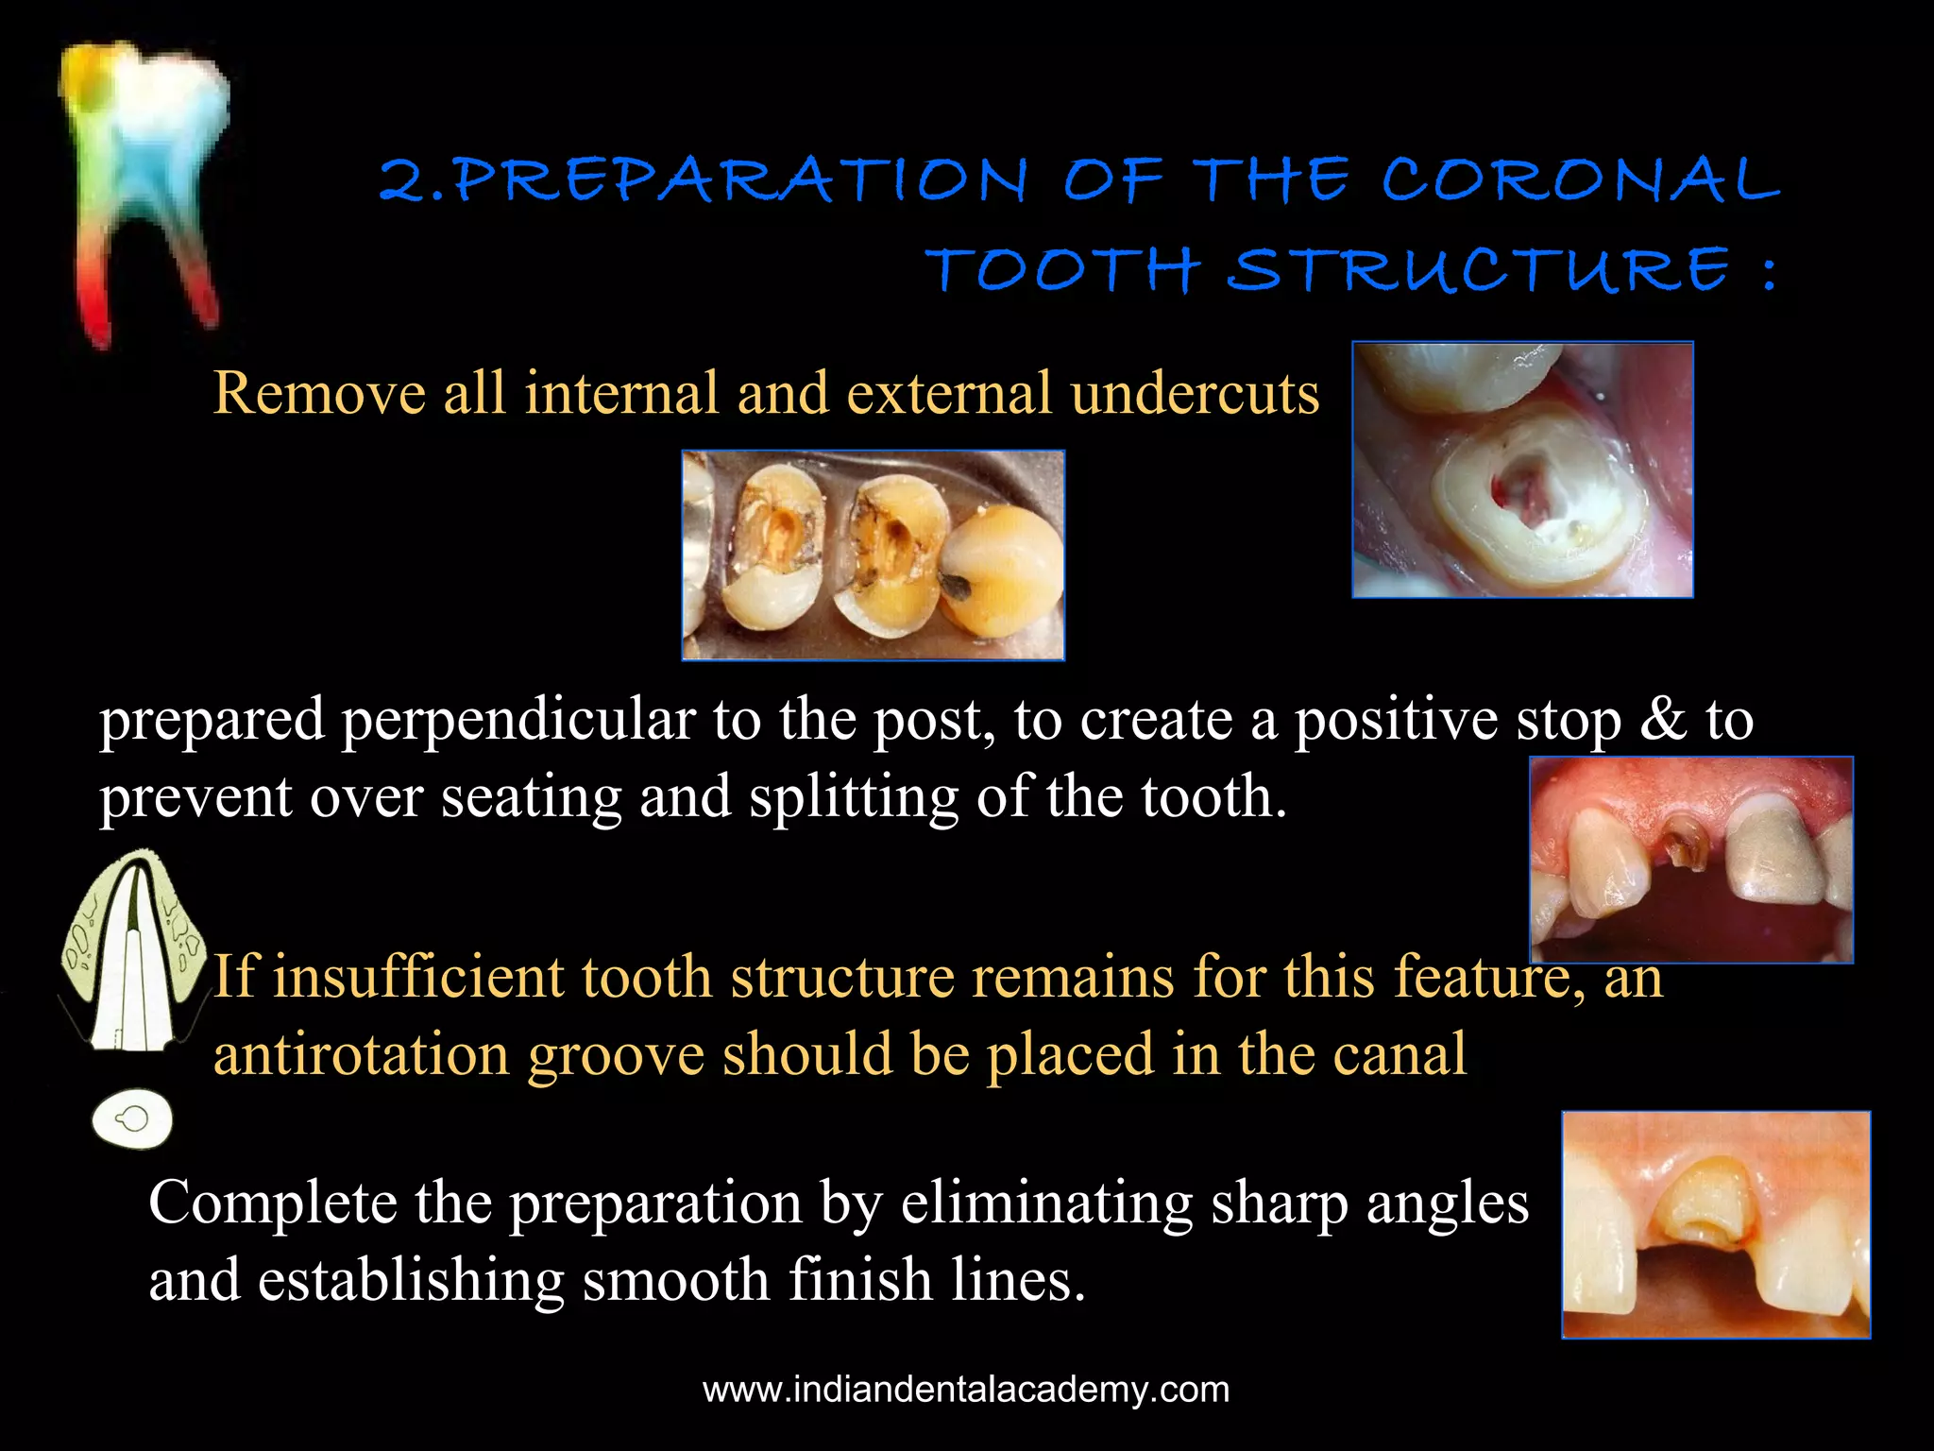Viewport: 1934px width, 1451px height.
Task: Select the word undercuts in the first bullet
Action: coord(1195,393)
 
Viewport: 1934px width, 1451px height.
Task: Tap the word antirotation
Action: coord(362,1054)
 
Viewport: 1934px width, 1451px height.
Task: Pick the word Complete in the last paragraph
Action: coord(273,1203)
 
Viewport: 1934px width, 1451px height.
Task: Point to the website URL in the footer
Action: coord(966,1390)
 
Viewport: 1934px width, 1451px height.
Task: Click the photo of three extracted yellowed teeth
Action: coord(873,555)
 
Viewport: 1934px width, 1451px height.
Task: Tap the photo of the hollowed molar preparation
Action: coord(1522,469)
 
